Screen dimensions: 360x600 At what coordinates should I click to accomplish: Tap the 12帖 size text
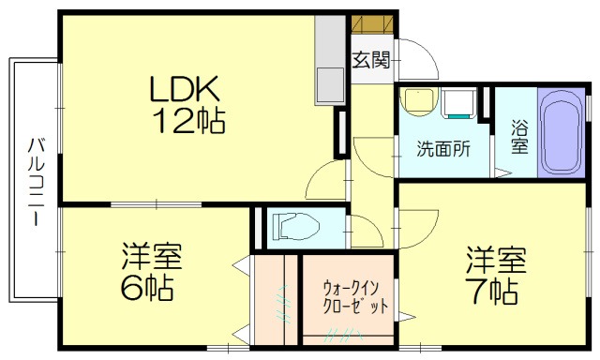[x=187, y=122]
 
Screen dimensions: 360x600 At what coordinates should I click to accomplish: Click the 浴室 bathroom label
[x=518, y=137]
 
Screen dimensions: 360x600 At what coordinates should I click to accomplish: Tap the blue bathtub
[x=562, y=132]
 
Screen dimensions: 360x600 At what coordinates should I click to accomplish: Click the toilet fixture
[x=296, y=227]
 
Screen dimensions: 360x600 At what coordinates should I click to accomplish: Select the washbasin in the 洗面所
[x=417, y=100]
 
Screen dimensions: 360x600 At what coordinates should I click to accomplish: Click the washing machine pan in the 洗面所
[x=460, y=103]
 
